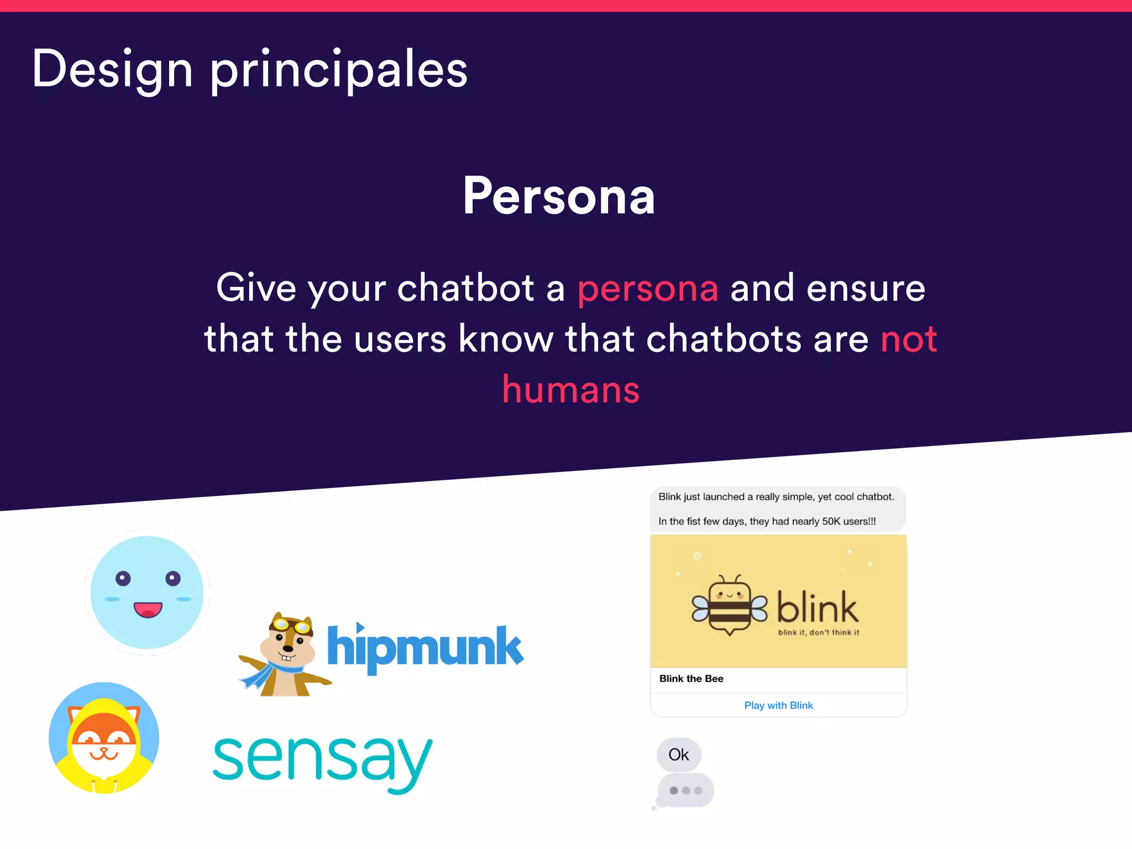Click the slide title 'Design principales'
click(250, 69)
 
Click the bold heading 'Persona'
click(559, 196)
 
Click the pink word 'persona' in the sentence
click(648, 289)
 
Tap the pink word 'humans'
click(570, 390)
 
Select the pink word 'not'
click(908, 339)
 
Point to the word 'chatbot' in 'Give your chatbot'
click(465, 289)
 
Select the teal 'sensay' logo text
click(322, 762)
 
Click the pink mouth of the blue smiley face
click(148, 610)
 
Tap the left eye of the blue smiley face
click(123, 579)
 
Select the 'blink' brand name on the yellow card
click(817, 607)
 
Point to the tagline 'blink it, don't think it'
click(819, 633)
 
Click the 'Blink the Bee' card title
click(691, 679)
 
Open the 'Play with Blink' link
click(778, 705)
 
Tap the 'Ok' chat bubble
click(679, 754)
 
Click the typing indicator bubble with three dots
click(686, 790)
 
